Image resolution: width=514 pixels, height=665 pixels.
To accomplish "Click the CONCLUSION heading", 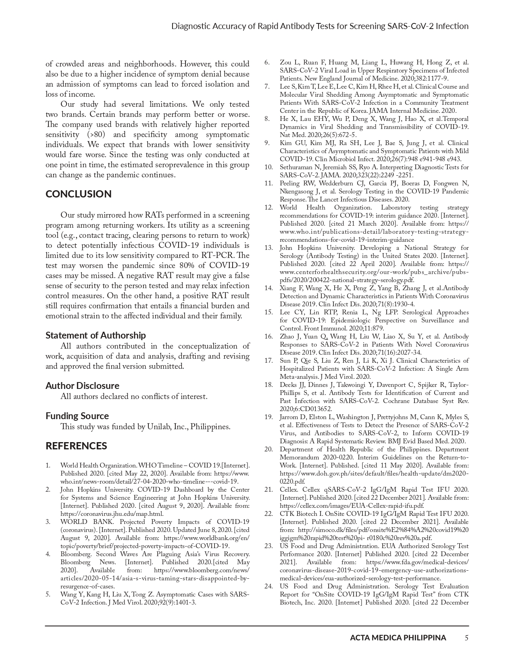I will pyautogui.click(x=78, y=194).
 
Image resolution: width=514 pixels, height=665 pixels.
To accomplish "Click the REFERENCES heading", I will pyautogui.click(x=76, y=446).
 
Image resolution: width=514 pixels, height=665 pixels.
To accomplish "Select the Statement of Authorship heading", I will pyautogui.click(x=96, y=335).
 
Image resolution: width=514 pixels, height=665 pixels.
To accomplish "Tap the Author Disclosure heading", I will pyautogui.click(x=82, y=386).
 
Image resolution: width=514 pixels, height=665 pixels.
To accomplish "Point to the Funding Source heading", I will pyautogui.click(x=77, y=416).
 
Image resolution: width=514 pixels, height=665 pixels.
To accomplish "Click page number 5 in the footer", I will pyautogui.click(x=466, y=638).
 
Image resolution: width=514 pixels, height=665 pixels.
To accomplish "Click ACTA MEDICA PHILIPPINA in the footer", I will pyautogui.click(x=398, y=638).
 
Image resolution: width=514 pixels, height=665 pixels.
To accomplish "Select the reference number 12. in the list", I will pyautogui.click(x=268, y=208).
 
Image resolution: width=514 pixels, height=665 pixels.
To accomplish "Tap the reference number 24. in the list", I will pyautogui.click(x=268, y=586).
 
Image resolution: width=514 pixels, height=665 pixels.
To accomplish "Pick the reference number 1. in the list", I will pyautogui.click(x=48, y=465).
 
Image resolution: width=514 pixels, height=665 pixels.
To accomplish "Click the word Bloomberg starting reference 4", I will pyautogui.click(x=75, y=554).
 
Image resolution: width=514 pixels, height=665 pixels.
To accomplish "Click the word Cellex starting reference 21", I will pyautogui.click(x=289, y=490).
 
